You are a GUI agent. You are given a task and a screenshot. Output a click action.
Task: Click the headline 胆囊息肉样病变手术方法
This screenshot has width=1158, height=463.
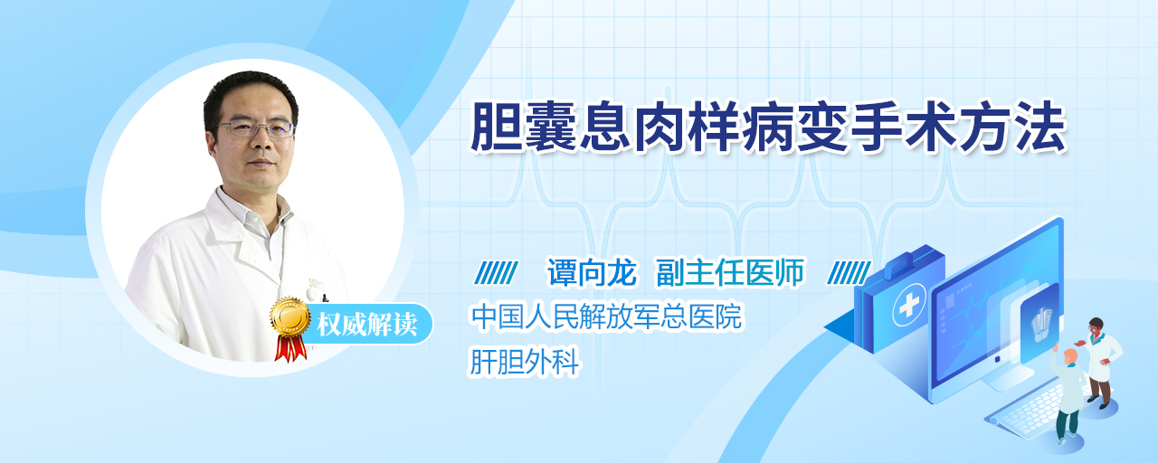[x=769, y=128]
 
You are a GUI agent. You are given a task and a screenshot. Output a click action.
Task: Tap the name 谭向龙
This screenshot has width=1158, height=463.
[x=593, y=272]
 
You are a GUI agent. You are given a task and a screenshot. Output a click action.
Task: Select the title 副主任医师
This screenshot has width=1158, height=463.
[x=730, y=272]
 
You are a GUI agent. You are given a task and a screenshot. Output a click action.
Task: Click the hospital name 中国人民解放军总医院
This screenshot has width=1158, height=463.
[x=607, y=317]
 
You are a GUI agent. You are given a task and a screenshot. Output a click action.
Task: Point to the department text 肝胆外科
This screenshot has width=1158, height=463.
[x=525, y=361]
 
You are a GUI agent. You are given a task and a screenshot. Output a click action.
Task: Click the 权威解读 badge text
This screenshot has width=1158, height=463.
[x=367, y=325]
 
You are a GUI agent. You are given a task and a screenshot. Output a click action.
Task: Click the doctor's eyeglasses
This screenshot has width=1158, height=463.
[x=255, y=128]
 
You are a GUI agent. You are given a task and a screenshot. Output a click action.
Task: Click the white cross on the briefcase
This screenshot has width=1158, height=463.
[x=908, y=306]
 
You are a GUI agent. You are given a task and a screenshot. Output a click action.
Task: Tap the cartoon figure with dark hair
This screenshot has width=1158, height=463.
[x=1098, y=363]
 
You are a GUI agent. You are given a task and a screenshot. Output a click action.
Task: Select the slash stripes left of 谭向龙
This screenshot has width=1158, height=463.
[x=496, y=273]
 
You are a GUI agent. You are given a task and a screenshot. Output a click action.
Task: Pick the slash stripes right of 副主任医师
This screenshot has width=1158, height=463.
[x=849, y=273]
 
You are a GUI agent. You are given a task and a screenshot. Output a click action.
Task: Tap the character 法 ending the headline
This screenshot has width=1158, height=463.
[x=1040, y=128]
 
